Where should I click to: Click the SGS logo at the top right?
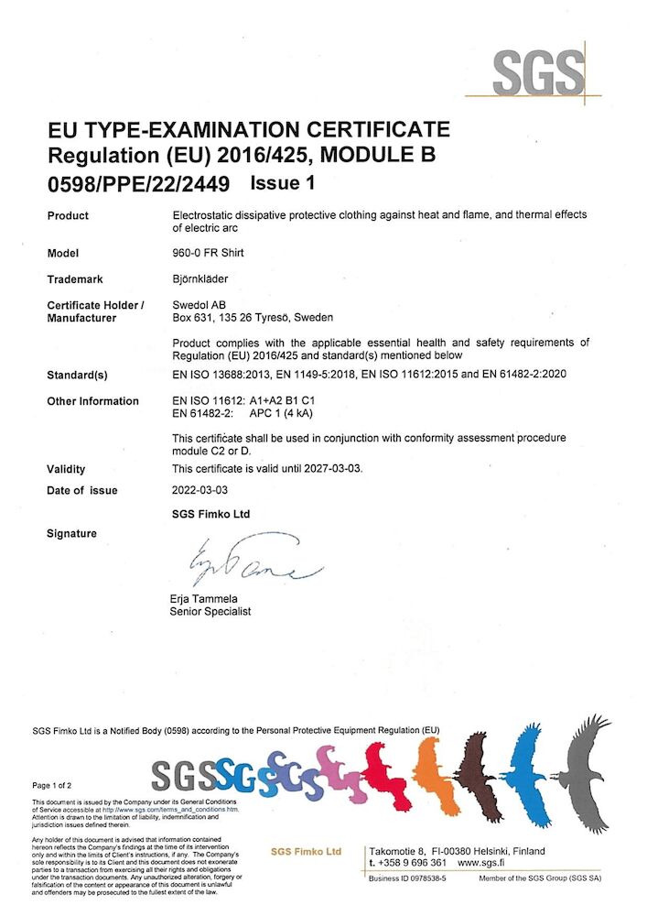(538, 73)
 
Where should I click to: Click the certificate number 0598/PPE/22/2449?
(138, 183)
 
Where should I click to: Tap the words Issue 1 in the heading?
(282, 182)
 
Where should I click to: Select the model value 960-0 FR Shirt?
(208, 254)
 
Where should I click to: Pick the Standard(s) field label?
(78, 376)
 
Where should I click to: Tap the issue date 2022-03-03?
(202, 490)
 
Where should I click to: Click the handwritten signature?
(252, 562)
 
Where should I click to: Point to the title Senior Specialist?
(211, 612)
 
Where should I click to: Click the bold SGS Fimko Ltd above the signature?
(210, 514)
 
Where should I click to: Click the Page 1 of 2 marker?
(53, 785)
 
